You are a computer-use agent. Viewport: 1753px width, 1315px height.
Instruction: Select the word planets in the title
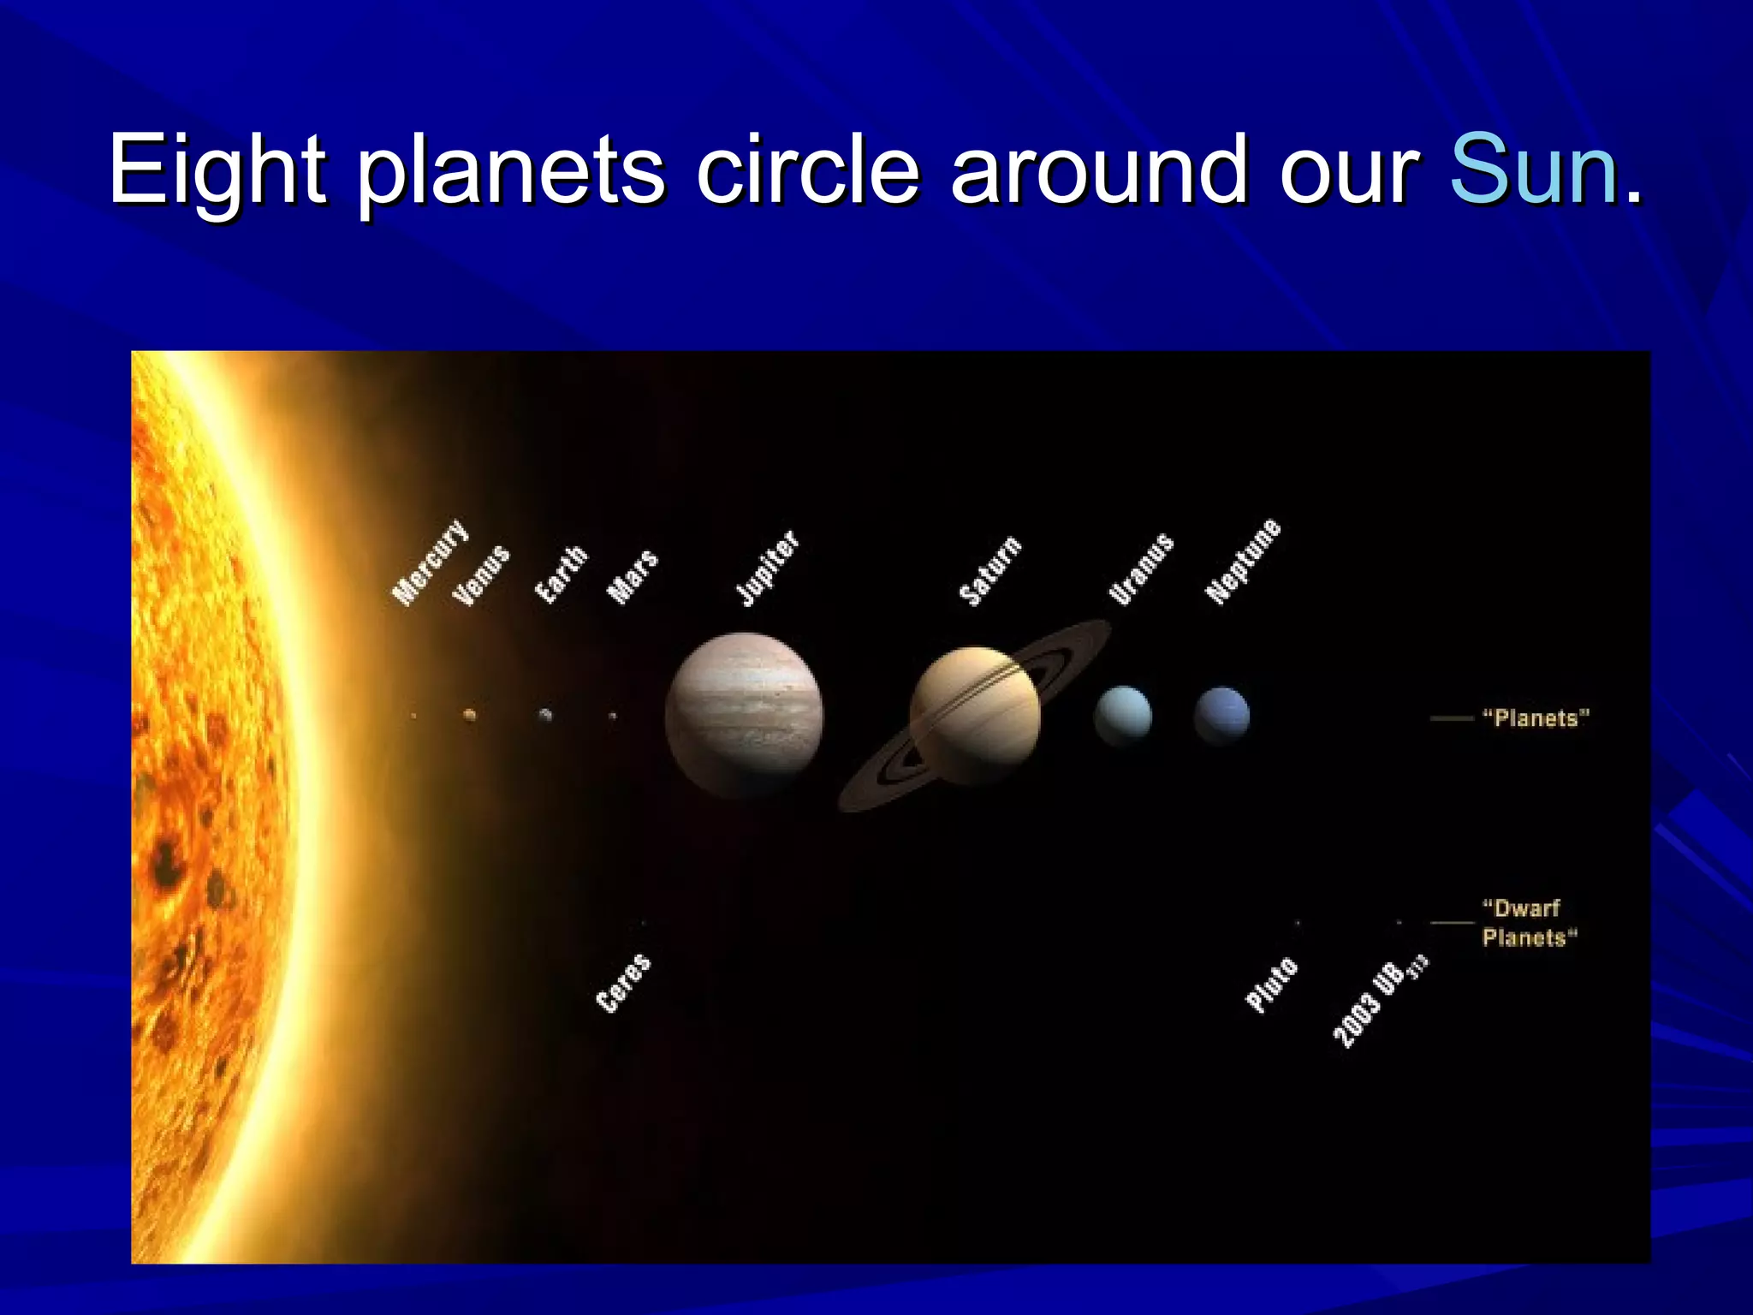tap(510, 170)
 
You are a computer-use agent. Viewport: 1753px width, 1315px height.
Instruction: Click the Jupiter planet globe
tap(744, 716)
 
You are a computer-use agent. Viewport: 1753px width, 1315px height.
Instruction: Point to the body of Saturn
tap(975, 716)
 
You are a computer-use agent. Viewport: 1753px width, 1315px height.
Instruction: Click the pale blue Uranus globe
tap(1122, 716)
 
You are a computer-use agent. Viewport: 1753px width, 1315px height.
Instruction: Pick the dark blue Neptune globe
tap(1221, 715)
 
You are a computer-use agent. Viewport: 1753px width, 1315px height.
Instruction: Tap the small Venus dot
tap(469, 714)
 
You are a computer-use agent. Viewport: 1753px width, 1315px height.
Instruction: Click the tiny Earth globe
tap(545, 715)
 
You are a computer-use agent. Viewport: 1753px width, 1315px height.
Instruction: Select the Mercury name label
tap(431, 562)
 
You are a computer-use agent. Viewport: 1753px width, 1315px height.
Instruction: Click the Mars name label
tap(633, 577)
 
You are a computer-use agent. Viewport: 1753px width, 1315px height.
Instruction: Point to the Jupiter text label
tap(768, 568)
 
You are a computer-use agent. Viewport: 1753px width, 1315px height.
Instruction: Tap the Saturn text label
tap(990, 571)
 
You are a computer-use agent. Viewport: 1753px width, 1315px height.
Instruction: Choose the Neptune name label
tap(1243, 561)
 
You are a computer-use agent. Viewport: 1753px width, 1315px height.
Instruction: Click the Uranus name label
tap(1141, 568)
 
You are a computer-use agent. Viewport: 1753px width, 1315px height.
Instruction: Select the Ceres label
tap(623, 983)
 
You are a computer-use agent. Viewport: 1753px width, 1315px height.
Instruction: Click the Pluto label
tap(1271, 985)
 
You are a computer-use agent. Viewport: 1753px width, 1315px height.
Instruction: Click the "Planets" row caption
tap(1536, 718)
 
